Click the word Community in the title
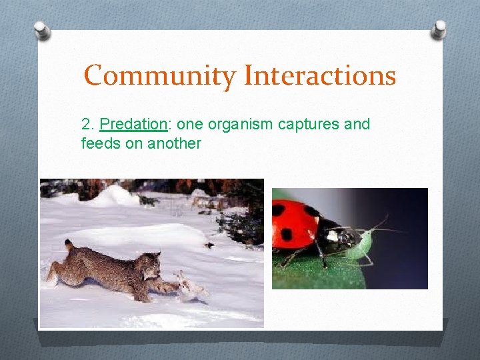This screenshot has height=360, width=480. [x=160, y=76]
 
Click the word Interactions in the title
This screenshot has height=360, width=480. [x=320, y=75]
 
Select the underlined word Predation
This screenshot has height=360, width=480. [x=133, y=125]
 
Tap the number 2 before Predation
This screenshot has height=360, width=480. [x=85, y=125]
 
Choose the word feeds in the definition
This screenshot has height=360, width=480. [x=98, y=143]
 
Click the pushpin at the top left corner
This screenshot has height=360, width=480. [x=42, y=30]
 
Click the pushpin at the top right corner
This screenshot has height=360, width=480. [x=439, y=29]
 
